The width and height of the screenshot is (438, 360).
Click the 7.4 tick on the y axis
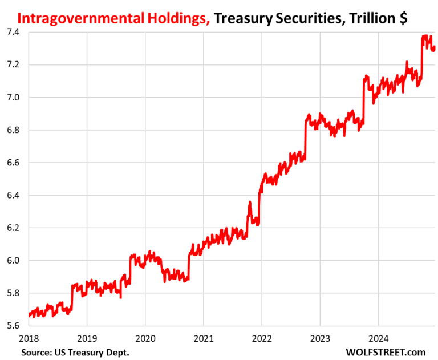(13, 32)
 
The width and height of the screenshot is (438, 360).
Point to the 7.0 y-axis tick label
(13, 98)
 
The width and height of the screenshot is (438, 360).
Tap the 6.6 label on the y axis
(13, 163)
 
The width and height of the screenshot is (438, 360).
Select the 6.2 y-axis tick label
(13, 228)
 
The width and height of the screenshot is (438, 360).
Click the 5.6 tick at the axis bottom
(13, 326)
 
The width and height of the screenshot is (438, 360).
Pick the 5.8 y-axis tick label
(13, 293)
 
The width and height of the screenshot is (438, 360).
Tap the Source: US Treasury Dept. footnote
(75, 352)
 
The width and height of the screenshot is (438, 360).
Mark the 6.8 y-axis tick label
(13, 130)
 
